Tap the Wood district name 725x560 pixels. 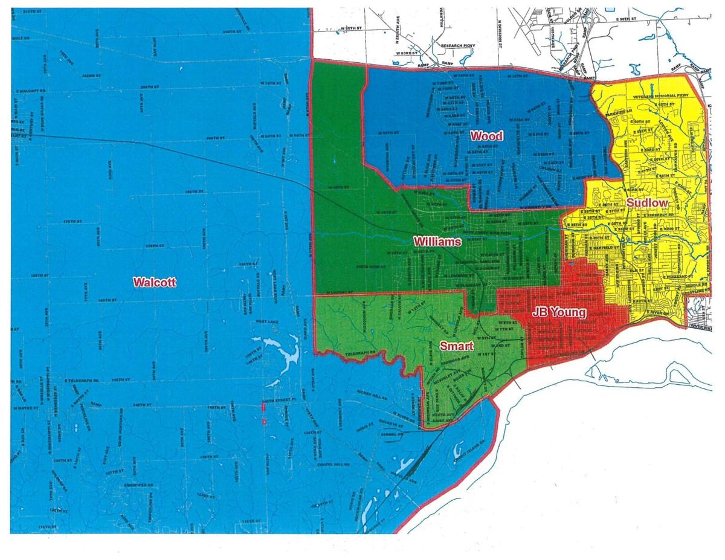486,136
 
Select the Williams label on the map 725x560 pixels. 437,242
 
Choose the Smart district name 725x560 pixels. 456,346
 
